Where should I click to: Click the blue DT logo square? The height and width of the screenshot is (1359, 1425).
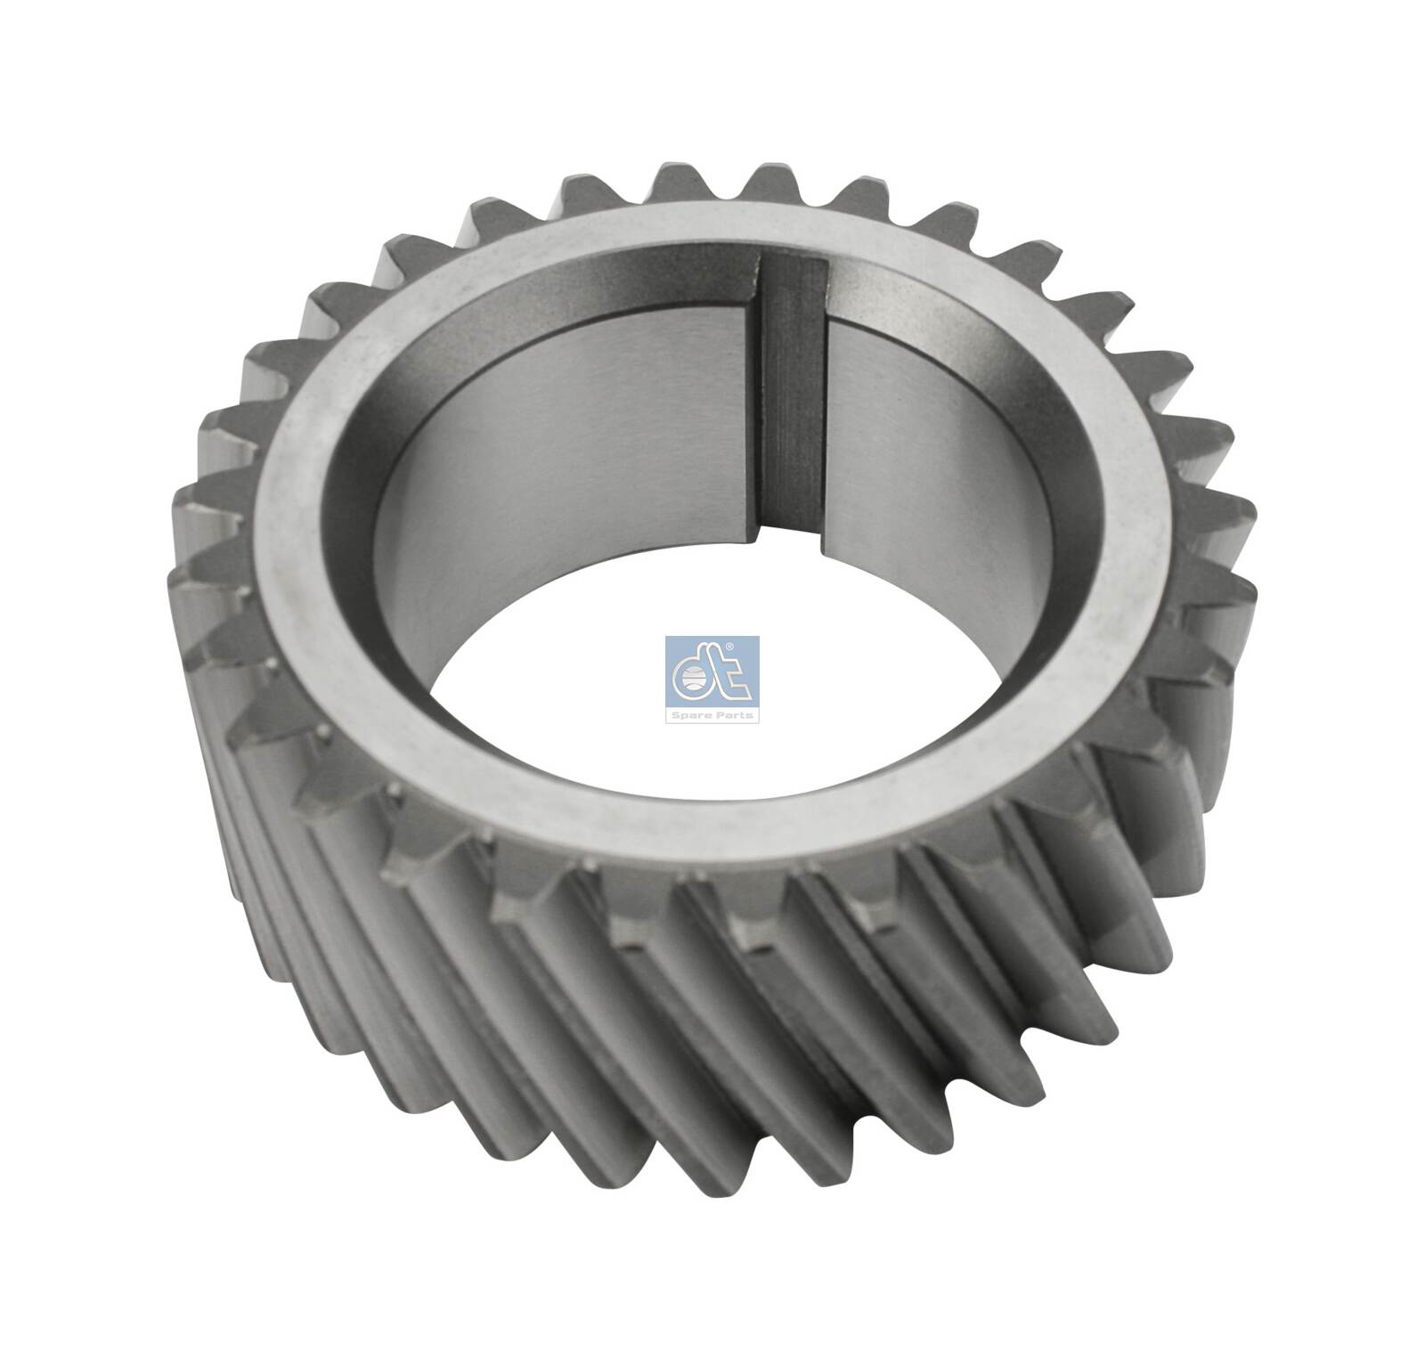coord(712,680)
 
